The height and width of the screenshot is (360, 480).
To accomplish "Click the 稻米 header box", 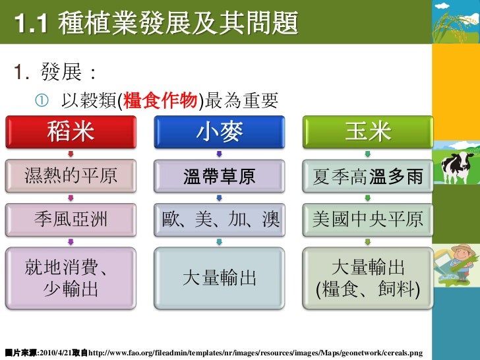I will [x=71, y=133].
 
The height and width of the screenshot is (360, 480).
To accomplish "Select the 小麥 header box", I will [x=219, y=133].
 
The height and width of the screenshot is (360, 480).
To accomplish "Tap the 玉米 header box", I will [x=368, y=133].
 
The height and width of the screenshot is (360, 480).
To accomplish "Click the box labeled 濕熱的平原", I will [x=71, y=176].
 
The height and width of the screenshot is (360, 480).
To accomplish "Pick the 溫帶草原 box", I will [x=219, y=176].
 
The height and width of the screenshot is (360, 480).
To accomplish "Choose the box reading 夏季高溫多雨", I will [x=368, y=176].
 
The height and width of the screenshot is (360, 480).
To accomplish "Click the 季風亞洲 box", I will [x=71, y=219].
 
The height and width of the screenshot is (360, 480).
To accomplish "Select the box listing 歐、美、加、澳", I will [x=219, y=219].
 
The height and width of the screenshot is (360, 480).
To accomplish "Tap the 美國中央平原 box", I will [x=368, y=219].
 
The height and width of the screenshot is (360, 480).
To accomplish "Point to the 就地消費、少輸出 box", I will [x=71, y=278].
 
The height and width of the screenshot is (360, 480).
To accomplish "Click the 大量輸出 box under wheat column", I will [x=219, y=278].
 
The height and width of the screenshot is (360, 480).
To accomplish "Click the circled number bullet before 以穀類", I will [x=42, y=101].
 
